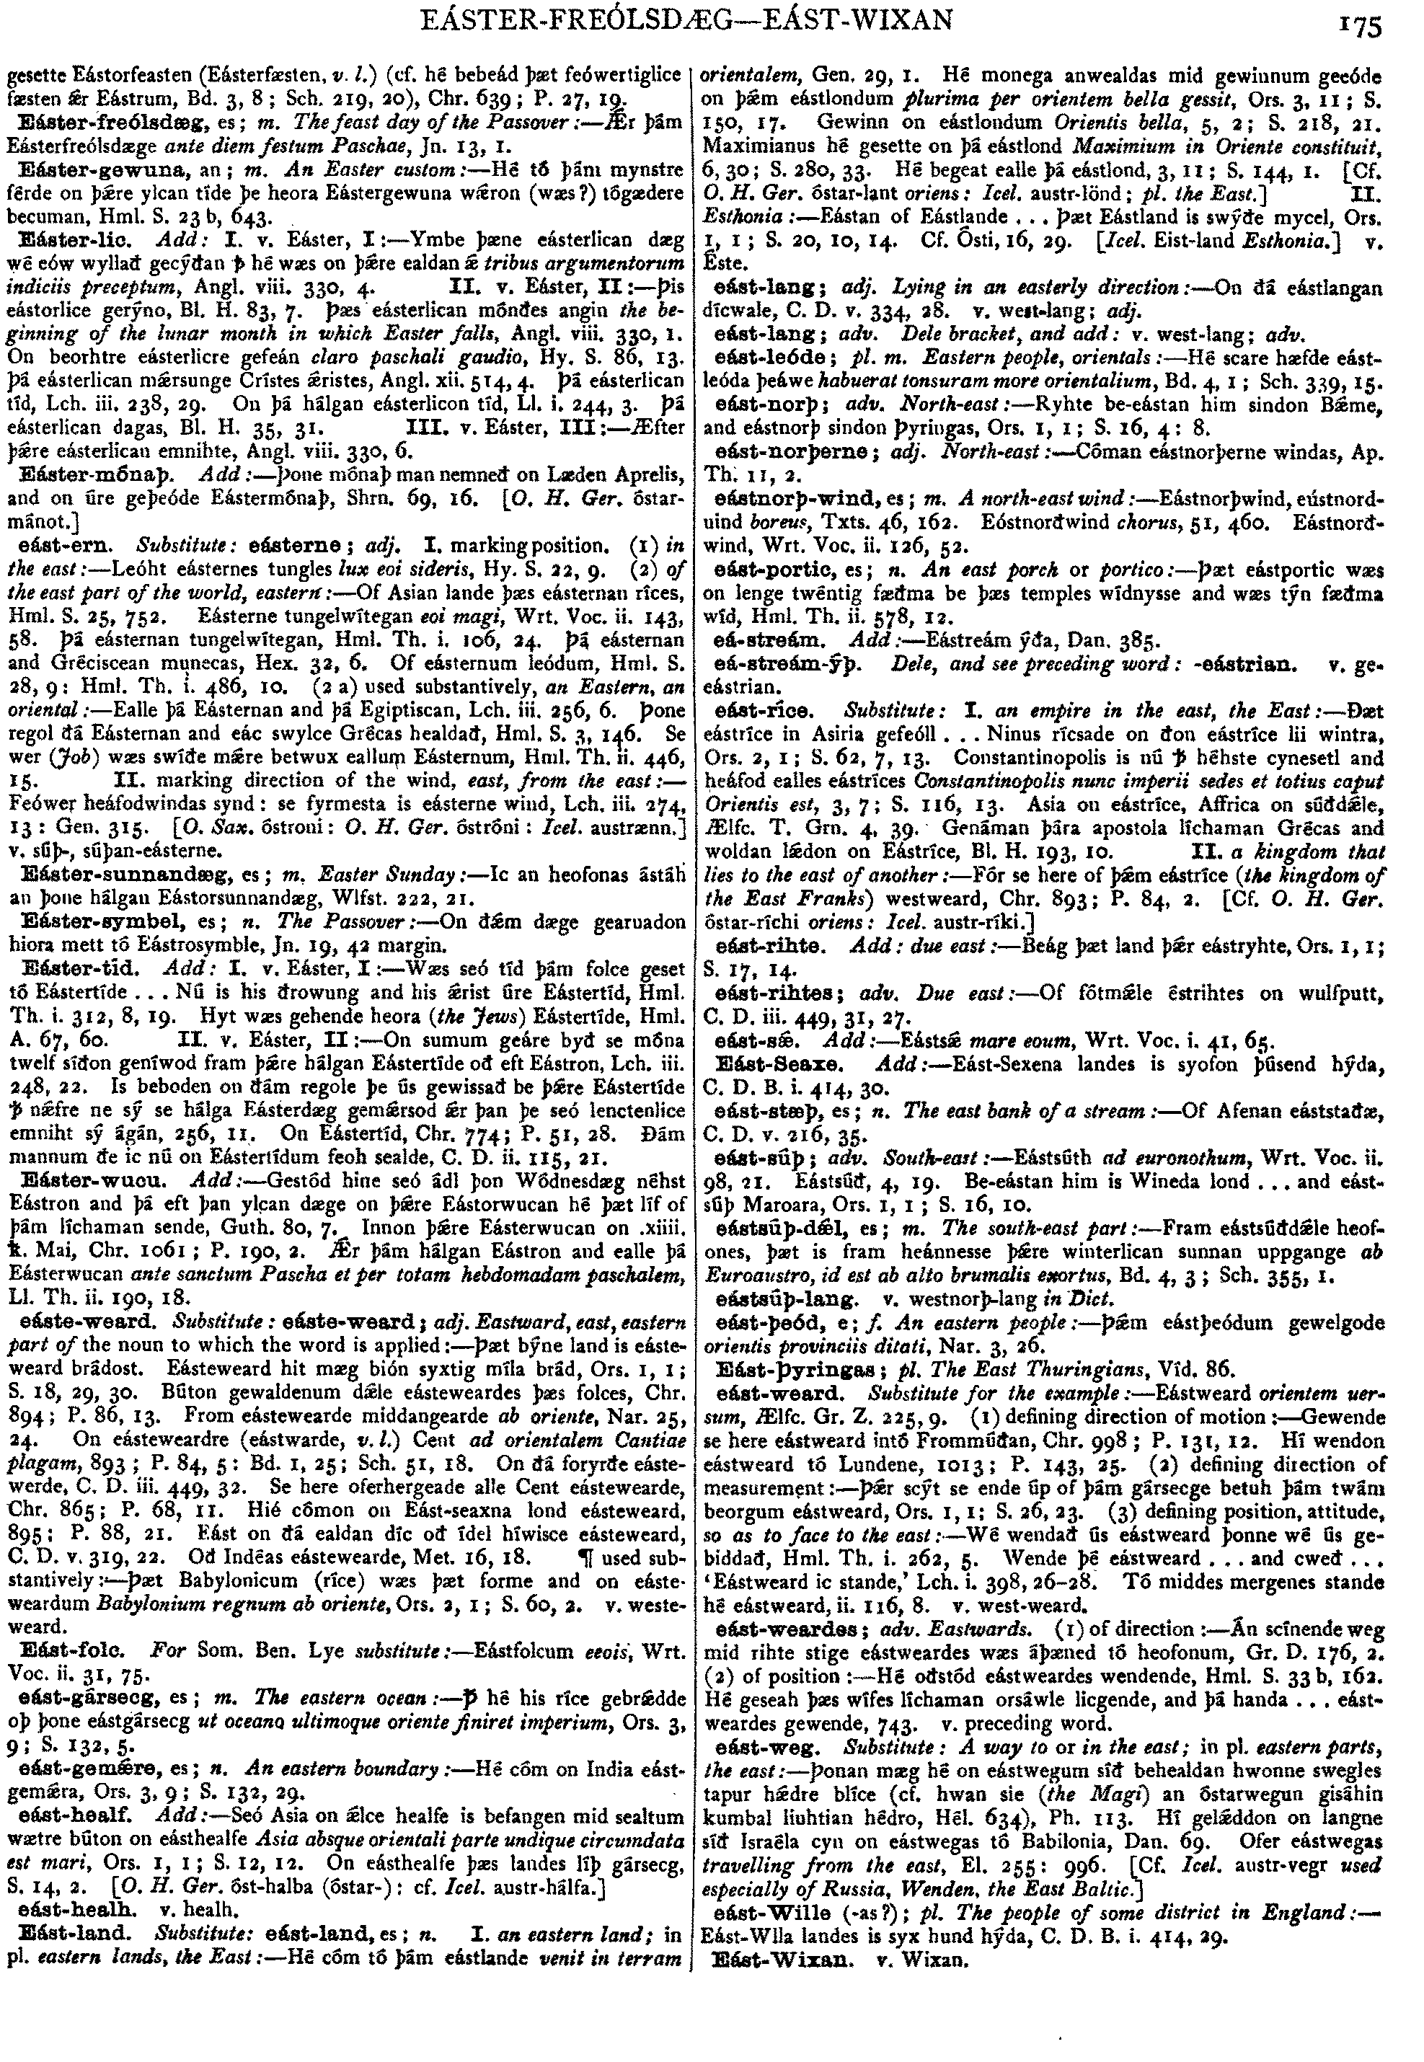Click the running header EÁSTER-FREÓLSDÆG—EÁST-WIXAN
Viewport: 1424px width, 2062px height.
688,19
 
